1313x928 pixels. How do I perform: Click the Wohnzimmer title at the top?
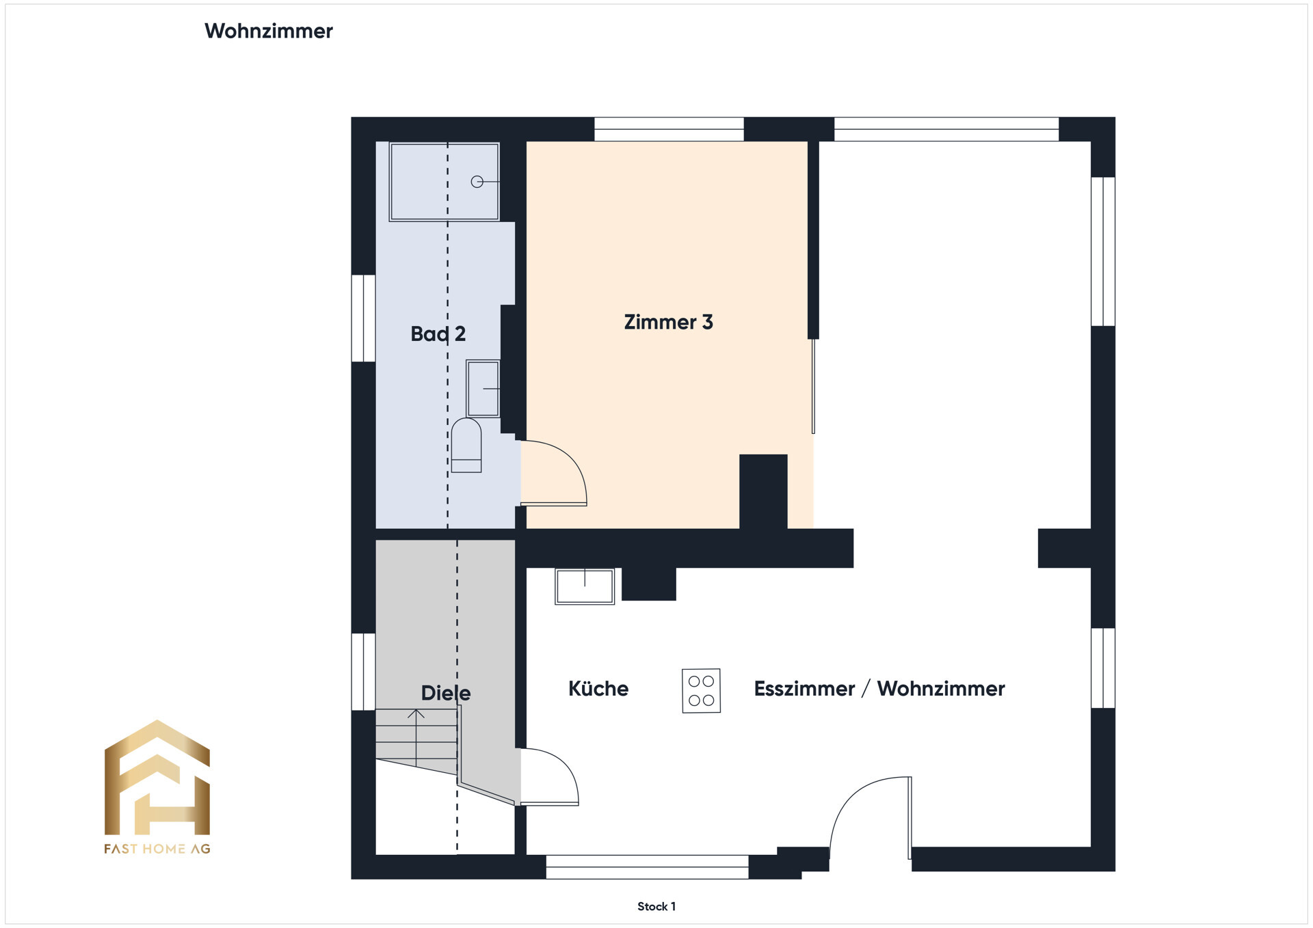click(x=268, y=31)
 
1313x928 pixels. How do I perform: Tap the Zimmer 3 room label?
click(x=668, y=322)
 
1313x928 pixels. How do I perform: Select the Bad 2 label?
click(x=438, y=333)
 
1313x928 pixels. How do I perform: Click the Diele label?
click(x=446, y=693)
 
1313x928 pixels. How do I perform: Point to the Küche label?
click(x=598, y=688)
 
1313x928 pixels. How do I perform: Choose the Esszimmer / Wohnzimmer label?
click(x=879, y=688)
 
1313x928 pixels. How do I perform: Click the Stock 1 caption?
click(x=656, y=906)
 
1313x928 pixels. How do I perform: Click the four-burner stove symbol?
click(x=701, y=691)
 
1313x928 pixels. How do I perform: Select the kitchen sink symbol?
click(x=585, y=586)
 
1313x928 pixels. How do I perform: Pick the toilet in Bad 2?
click(x=466, y=445)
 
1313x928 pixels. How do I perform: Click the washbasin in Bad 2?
click(x=483, y=389)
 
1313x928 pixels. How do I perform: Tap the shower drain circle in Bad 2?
click(x=477, y=182)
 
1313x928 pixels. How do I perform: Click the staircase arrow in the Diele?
click(x=416, y=738)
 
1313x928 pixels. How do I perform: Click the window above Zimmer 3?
click(x=669, y=129)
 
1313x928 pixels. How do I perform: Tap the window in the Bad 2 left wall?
click(x=363, y=318)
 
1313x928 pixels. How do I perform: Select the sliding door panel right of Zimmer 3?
click(x=813, y=386)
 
